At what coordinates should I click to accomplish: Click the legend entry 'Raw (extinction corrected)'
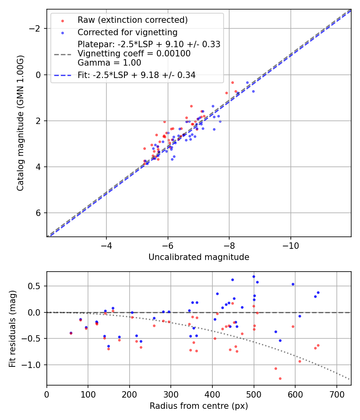(x=132, y=20)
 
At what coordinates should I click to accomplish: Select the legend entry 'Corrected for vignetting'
(x=127, y=32)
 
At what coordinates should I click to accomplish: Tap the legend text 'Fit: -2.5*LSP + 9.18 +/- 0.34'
(x=136, y=75)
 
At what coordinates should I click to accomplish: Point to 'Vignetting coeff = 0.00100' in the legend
(x=134, y=54)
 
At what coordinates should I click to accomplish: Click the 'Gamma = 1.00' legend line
(x=109, y=62)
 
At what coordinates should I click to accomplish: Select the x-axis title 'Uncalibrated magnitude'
(x=199, y=257)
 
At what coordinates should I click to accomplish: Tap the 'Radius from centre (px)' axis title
(x=199, y=406)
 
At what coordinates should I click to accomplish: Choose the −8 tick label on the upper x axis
(x=229, y=245)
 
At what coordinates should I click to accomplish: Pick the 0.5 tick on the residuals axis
(x=36, y=286)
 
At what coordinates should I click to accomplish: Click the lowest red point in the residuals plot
(x=280, y=378)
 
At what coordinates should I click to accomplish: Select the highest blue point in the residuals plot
(x=254, y=276)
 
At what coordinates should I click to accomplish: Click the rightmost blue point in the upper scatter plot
(x=253, y=91)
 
